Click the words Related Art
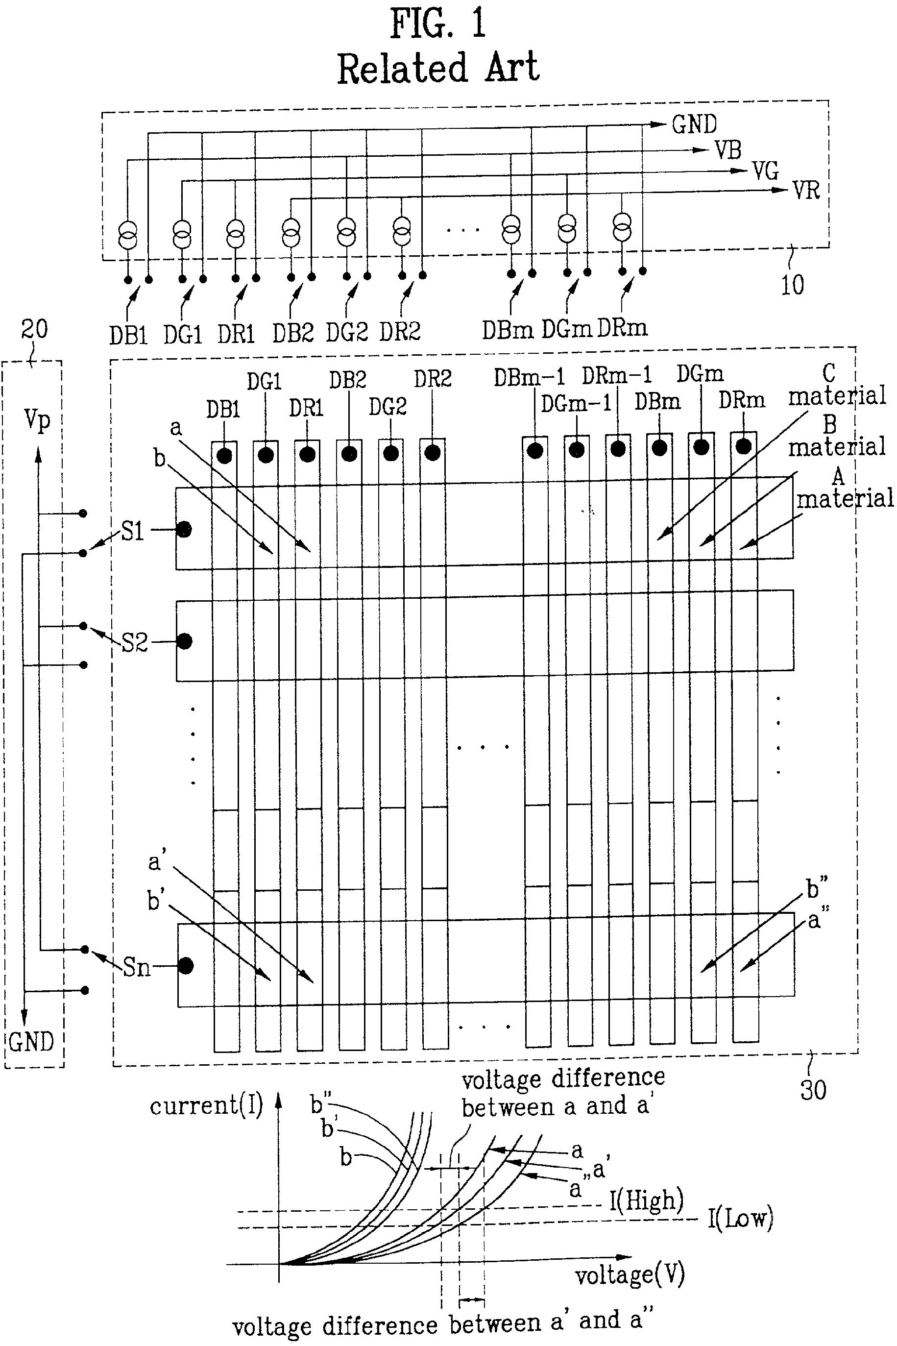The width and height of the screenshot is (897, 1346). coord(438,68)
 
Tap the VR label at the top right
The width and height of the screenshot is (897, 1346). coord(806,191)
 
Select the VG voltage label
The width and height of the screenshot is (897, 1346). coord(765,171)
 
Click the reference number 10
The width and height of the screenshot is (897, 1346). coord(792,285)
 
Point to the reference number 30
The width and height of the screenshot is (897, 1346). coord(813,1090)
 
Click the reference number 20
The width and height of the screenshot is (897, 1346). coord(34,329)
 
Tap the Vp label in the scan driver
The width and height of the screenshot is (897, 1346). coord(37,420)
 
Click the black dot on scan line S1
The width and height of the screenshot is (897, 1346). coord(184,529)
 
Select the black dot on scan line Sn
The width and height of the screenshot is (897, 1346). coord(186,966)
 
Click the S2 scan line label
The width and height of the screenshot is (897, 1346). coord(134,643)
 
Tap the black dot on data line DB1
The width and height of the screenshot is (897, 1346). coord(225,456)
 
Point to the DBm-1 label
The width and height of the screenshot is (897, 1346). coord(529,377)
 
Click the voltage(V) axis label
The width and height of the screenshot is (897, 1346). coord(630,1274)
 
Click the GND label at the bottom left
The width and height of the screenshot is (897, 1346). coord(31,1042)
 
